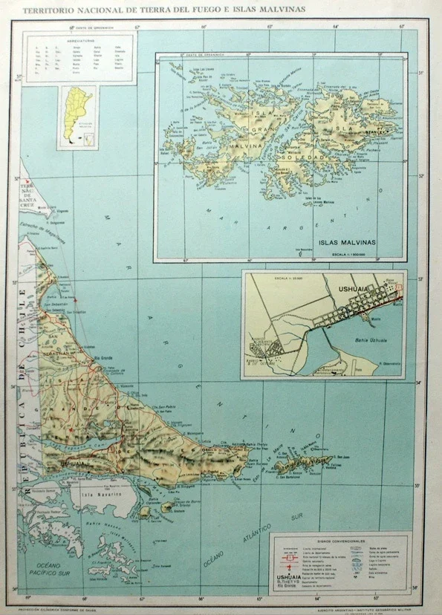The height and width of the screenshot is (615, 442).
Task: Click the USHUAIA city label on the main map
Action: [x=73, y=463]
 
